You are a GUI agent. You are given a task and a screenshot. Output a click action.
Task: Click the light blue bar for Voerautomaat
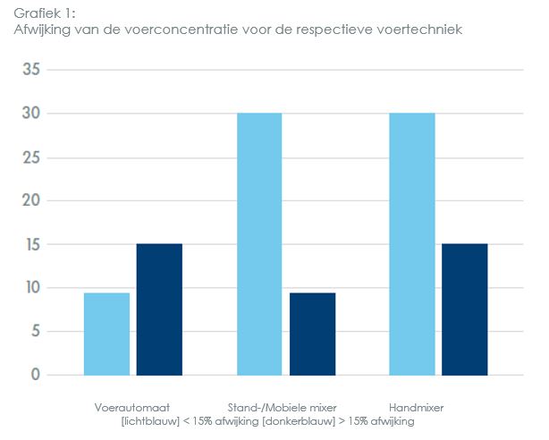(x=106, y=334)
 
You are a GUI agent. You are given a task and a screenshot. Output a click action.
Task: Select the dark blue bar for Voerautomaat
(x=159, y=309)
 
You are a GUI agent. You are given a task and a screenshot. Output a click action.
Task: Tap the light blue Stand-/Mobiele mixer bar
(x=259, y=243)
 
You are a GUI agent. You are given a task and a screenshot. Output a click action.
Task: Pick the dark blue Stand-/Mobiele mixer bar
(x=312, y=334)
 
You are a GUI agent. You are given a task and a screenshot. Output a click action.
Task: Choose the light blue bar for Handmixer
(x=412, y=243)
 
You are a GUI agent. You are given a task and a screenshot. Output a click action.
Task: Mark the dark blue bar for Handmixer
(x=465, y=309)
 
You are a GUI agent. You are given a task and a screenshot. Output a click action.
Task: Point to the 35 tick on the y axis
(x=30, y=70)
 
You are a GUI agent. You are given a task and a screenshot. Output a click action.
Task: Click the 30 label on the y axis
(x=30, y=114)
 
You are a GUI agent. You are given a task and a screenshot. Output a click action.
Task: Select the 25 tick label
(x=30, y=157)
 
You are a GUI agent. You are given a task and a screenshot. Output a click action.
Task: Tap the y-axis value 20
(x=30, y=200)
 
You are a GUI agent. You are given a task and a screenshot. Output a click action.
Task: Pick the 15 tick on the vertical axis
(x=30, y=244)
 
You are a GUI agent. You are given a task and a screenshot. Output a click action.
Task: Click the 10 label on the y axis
(x=30, y=288)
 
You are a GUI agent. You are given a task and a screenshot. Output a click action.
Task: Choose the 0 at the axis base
(x=35, y=375)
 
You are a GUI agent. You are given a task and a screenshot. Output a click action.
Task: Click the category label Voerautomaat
(x=132, y=408)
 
